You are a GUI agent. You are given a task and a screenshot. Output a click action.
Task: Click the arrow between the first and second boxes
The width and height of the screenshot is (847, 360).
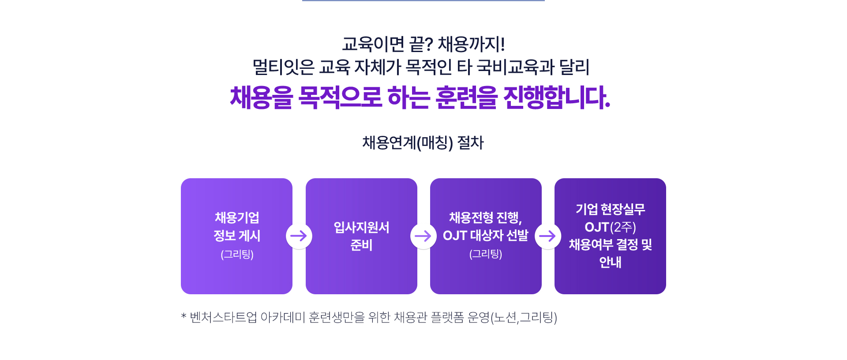(299, 236)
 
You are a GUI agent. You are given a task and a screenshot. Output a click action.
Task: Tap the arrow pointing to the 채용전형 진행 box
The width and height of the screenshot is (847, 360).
(423, 236)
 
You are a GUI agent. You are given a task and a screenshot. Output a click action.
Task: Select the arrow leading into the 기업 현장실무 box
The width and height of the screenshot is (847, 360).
(547, 236)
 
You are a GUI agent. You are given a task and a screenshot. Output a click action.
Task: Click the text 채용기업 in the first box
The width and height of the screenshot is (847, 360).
(237, 217)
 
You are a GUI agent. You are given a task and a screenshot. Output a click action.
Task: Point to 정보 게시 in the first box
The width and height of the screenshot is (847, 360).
(237, 236)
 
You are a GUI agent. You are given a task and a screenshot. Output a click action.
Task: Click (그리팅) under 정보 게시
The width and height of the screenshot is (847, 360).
(237, 254)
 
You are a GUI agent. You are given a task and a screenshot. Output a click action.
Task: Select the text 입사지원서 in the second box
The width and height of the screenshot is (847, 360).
(361, 227)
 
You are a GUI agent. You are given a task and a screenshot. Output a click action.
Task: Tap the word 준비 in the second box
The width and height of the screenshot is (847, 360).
(361, 245)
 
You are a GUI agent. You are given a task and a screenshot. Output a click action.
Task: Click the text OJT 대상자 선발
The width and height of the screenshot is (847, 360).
(485, 236)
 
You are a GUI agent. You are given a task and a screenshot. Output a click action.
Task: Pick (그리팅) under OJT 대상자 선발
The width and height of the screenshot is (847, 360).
(486, 254)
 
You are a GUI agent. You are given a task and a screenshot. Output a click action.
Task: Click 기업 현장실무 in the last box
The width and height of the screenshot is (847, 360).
(610, 209)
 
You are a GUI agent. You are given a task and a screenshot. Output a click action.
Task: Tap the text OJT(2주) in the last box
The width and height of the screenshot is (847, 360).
(610, 227)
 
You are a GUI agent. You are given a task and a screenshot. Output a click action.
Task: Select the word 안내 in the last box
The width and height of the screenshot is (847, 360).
(610, 262)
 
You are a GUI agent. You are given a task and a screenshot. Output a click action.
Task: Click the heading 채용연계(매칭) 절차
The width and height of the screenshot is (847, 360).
(423, 142)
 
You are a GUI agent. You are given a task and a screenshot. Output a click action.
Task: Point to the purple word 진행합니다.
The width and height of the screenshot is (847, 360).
(557, 97)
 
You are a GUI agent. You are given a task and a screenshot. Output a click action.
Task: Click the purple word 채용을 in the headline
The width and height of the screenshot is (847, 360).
(261, 97)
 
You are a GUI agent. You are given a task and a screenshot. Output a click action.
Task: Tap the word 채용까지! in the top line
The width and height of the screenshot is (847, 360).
(471, 44)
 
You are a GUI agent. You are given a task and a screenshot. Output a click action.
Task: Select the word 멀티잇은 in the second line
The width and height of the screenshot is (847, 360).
(283, 67)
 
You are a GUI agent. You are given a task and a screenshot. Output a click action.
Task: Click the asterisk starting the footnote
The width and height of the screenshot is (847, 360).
(184, 315)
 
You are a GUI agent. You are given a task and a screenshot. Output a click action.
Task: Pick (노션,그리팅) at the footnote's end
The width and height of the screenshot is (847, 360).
(524, 317)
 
